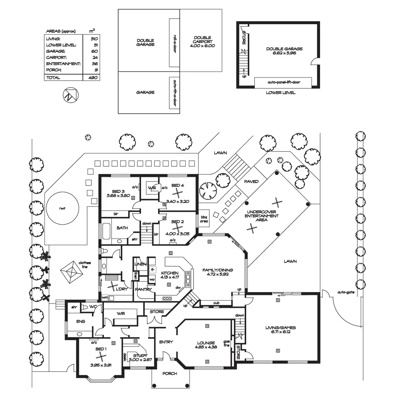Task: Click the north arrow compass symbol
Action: [71, 95]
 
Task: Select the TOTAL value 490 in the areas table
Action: [93, 78]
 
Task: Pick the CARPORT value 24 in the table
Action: [95, 57]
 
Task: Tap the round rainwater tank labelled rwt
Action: [62, 208]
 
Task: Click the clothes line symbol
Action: [72, 272]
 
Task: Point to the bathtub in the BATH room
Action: [107, 231]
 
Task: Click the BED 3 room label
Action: [118, 191]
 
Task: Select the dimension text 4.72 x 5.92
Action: [217, 274]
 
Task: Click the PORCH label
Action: [170, 373]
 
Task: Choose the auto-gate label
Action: [346, 292]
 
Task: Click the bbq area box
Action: [204, 218]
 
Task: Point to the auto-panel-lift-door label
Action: [284, 82]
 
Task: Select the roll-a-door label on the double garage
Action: [175, 44]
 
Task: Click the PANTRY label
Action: [143, 289]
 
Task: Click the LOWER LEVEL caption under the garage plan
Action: [281, 93]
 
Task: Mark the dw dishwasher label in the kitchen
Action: [178, 287]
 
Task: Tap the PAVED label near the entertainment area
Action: [251, 181]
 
